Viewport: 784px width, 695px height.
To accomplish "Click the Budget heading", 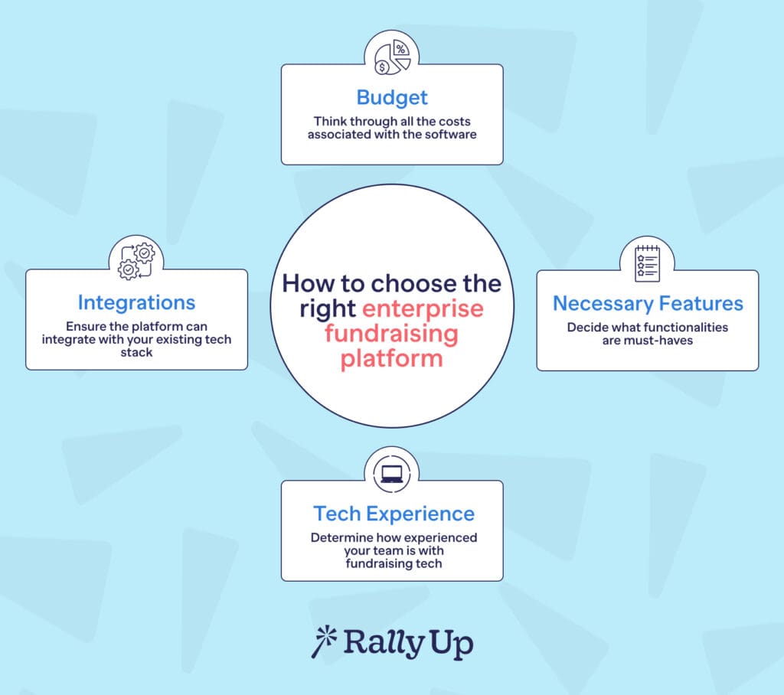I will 392,98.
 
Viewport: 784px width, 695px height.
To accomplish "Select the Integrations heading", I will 136,302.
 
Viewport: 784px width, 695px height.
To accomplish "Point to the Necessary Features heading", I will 648,304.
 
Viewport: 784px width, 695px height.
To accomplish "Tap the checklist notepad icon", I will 647,263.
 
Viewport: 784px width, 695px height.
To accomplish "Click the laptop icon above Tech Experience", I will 391,471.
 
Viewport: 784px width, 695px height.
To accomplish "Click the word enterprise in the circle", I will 423,308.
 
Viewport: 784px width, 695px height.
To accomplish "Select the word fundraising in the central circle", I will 391,334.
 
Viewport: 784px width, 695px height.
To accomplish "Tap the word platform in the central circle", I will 391,358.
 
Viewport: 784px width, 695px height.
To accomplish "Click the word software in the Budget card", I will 452,134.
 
